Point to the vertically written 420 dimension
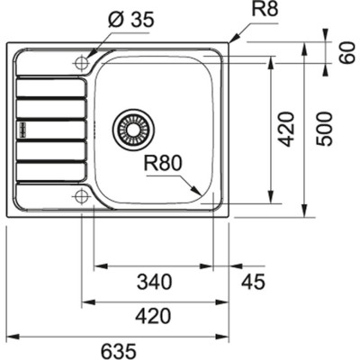tap(286, 129)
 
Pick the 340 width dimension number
tap(155, 282)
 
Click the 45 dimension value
tap(254, 282)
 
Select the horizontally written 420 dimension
tap(155, 316)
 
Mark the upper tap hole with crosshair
tap(81, 63)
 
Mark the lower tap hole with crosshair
tap(81, 196)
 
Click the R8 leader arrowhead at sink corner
tap(231, 41)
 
